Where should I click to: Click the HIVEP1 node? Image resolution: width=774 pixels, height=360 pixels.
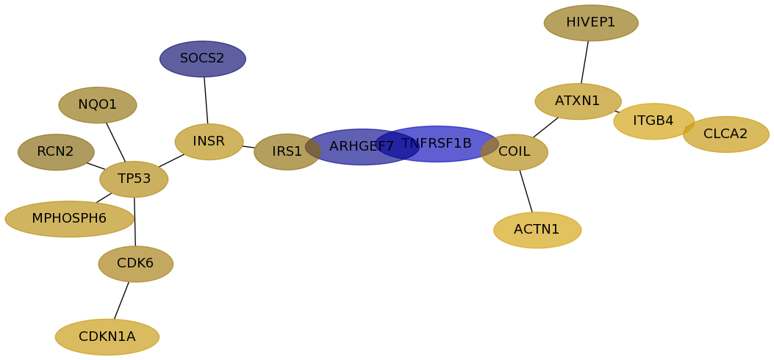[591, 24]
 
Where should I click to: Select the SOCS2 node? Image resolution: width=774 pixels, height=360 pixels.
[202, 60]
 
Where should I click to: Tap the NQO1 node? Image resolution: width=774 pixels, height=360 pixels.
[97, 105]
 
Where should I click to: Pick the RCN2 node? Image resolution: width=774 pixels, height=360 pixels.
[56, 152]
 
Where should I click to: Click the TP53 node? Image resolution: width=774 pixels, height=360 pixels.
[134, 179]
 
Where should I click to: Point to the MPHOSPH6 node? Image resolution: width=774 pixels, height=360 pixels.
[69, 219]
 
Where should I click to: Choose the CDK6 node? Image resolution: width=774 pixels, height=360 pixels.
[136, 264]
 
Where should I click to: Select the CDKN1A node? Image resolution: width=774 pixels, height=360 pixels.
[107, 337]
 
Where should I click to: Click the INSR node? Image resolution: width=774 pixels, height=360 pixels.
[209, 142]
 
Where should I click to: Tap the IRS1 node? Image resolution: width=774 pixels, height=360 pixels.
[287, 152]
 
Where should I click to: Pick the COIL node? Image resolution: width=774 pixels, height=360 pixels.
[515, 152]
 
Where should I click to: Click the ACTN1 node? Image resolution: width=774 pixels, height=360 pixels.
[537, 230]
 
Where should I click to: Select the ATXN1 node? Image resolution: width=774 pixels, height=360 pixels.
[578, 101]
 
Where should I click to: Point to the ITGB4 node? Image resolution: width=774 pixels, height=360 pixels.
[653, 121]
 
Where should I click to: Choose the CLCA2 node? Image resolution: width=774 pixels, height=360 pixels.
[725, 134]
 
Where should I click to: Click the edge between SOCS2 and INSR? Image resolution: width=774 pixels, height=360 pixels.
[206, 101]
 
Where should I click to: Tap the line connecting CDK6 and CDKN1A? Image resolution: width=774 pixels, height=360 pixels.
[121, 300]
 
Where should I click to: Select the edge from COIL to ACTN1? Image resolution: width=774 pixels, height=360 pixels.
[526, 191]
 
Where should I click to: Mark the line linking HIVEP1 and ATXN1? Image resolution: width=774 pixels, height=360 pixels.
[584, 62]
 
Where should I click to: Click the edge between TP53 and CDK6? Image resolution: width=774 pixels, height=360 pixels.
[135, 222]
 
